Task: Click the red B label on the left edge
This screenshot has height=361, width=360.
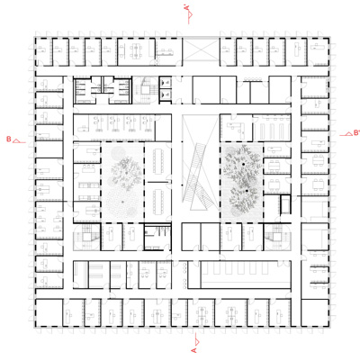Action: tap(8, 139)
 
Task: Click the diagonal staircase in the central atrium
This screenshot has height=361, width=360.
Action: tap(197, 167)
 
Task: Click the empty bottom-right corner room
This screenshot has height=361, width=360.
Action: tap(310, 311)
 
